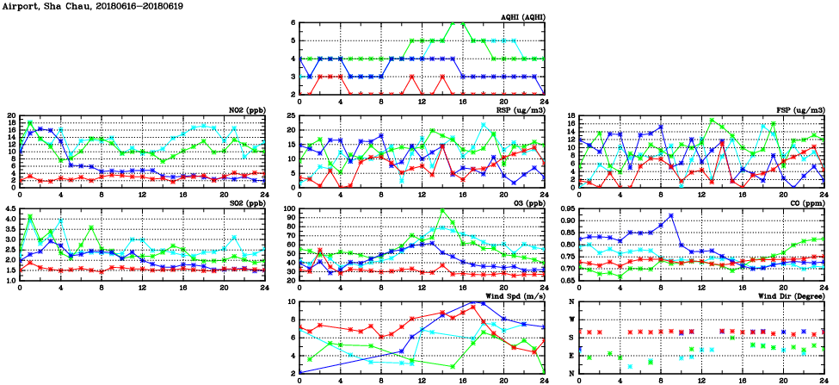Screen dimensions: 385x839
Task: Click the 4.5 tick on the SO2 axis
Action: click(x=10, y=208)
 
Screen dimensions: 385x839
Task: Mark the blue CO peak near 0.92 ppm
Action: click(x=671, y=215)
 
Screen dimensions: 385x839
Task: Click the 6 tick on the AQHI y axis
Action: click(x=293, y=22)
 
